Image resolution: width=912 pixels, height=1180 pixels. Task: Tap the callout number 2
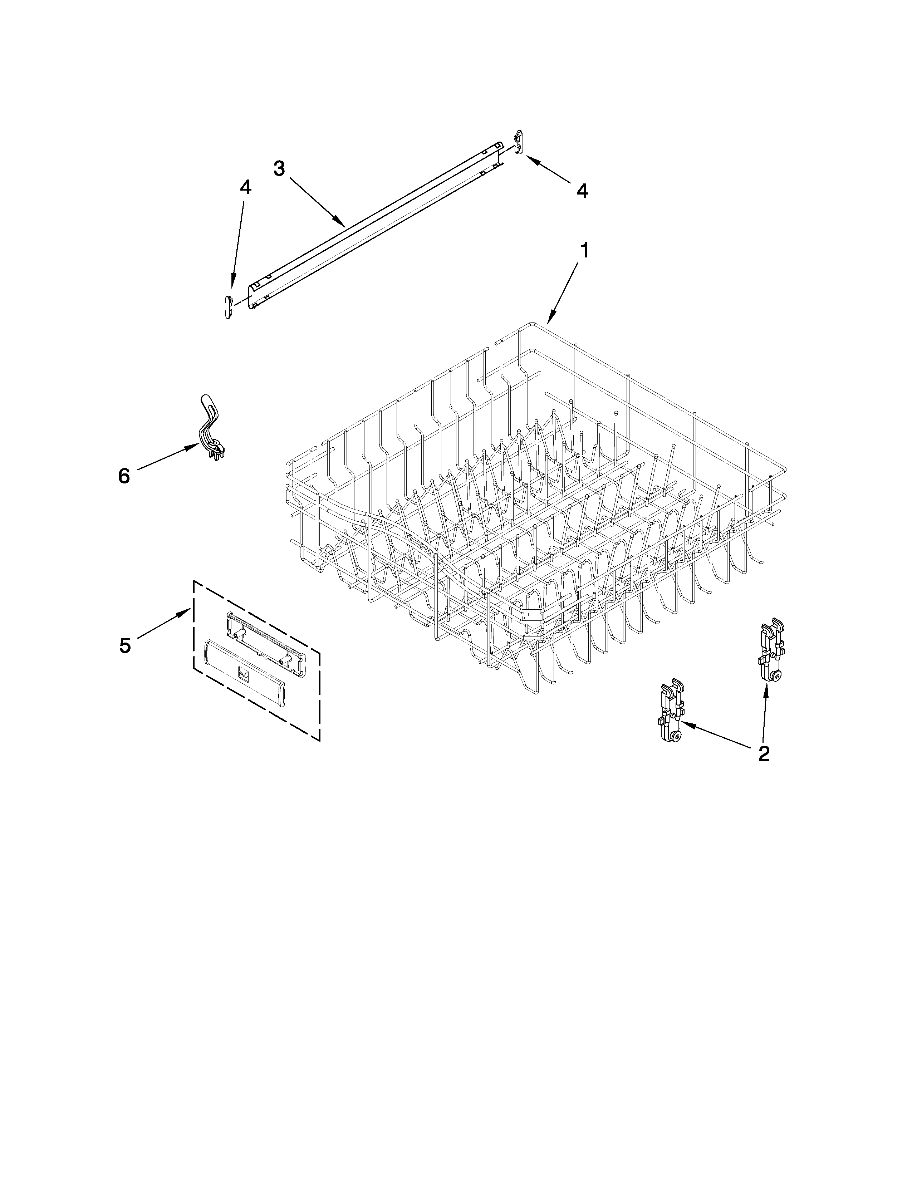click(x=764, y=753)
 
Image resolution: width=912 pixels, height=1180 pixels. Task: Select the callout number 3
click(x=279, y=168)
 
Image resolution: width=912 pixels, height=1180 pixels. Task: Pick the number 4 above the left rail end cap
click(x=245, y=187)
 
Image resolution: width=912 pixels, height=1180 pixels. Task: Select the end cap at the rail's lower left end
click(x=227, y=307)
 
